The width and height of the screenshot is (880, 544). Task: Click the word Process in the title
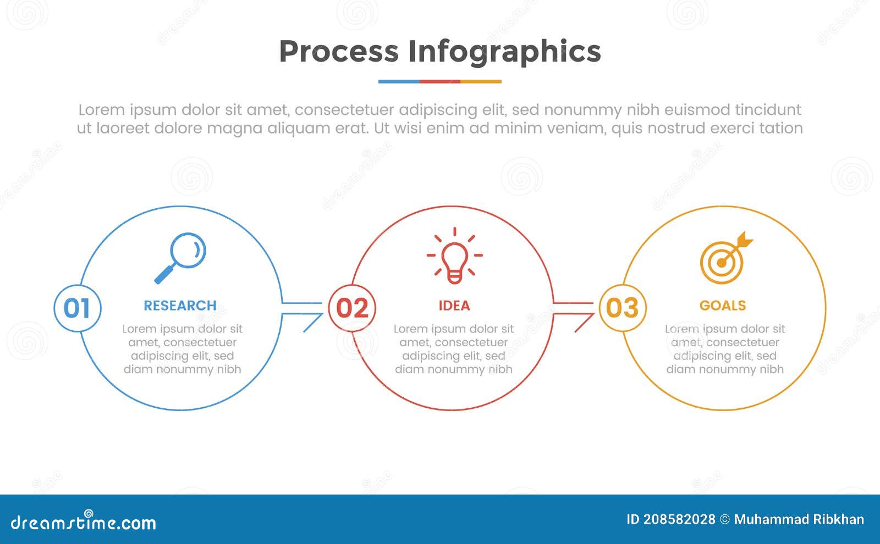pyautogui.click(x=338, y=52)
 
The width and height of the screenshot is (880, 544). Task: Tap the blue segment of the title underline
pyautogui.click(x=399, y=81)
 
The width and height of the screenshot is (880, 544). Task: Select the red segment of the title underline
pyautogui.click(x=439, y=81)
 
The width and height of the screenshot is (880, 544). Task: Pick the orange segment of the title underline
pyautogui.click(x=481, y=81)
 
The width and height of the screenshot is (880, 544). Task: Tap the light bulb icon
pyautogui.click(x=454, y=256)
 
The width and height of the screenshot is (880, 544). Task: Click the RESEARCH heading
pyautogui.click(x=180, y=306)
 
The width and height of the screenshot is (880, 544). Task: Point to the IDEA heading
pyautogui.click(x=454, y=306)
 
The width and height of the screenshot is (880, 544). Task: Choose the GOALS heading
pyautogui.click(x=723, y=306)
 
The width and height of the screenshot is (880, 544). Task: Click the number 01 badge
pyautogui.click(x=77, y=308)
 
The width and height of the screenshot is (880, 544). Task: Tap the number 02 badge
pyautogui.click(x=352, y=308)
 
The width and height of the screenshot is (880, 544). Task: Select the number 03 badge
pyautogui.click(x=622, y=308)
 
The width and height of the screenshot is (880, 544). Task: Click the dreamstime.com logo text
pyautogui.click(x=84, y=522)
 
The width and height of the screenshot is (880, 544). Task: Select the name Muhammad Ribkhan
pyautogui.click(x=799, y=519)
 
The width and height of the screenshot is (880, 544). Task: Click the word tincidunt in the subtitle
pyautogui.click(x=768, y=110)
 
